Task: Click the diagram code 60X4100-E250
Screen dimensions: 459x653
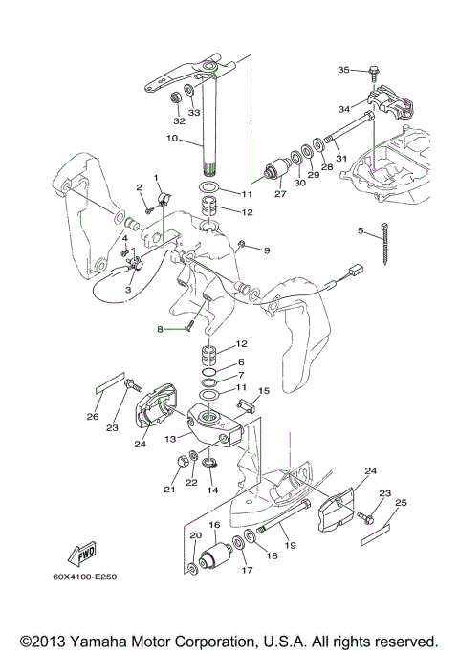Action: click(x=84, y=577)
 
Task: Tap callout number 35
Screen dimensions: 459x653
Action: click(x=343, y=70)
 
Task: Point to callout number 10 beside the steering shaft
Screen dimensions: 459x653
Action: click(x=171, y=138)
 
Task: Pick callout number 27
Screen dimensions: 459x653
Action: click(x=280, y=194)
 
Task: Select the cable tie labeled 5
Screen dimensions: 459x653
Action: click(x=383, y=244)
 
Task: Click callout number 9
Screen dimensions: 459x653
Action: click(x=267, y=250)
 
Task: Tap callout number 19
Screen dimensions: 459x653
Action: click(x=290, y=545)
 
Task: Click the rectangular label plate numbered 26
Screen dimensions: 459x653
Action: click(x=110, y=382)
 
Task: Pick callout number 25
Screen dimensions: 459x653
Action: click(x=401, y=503)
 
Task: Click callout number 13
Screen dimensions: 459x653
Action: click(x=171, y=438)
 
